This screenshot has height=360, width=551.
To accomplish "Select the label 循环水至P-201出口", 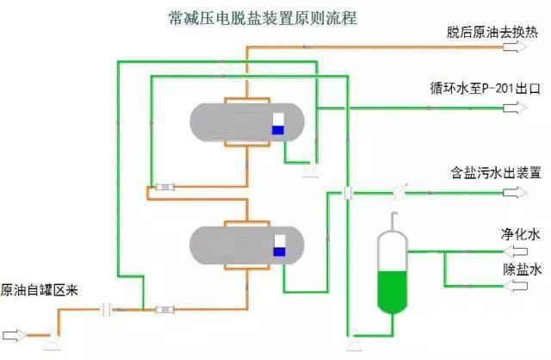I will point(474,89).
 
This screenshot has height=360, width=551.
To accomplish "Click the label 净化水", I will point(520,234).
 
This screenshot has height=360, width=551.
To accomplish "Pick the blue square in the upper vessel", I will point(278,130).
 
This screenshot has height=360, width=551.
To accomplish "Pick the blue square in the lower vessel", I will point(279,251).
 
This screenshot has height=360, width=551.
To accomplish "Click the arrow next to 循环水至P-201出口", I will point(516,108).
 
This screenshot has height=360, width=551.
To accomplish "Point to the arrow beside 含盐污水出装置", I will point(517,191).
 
